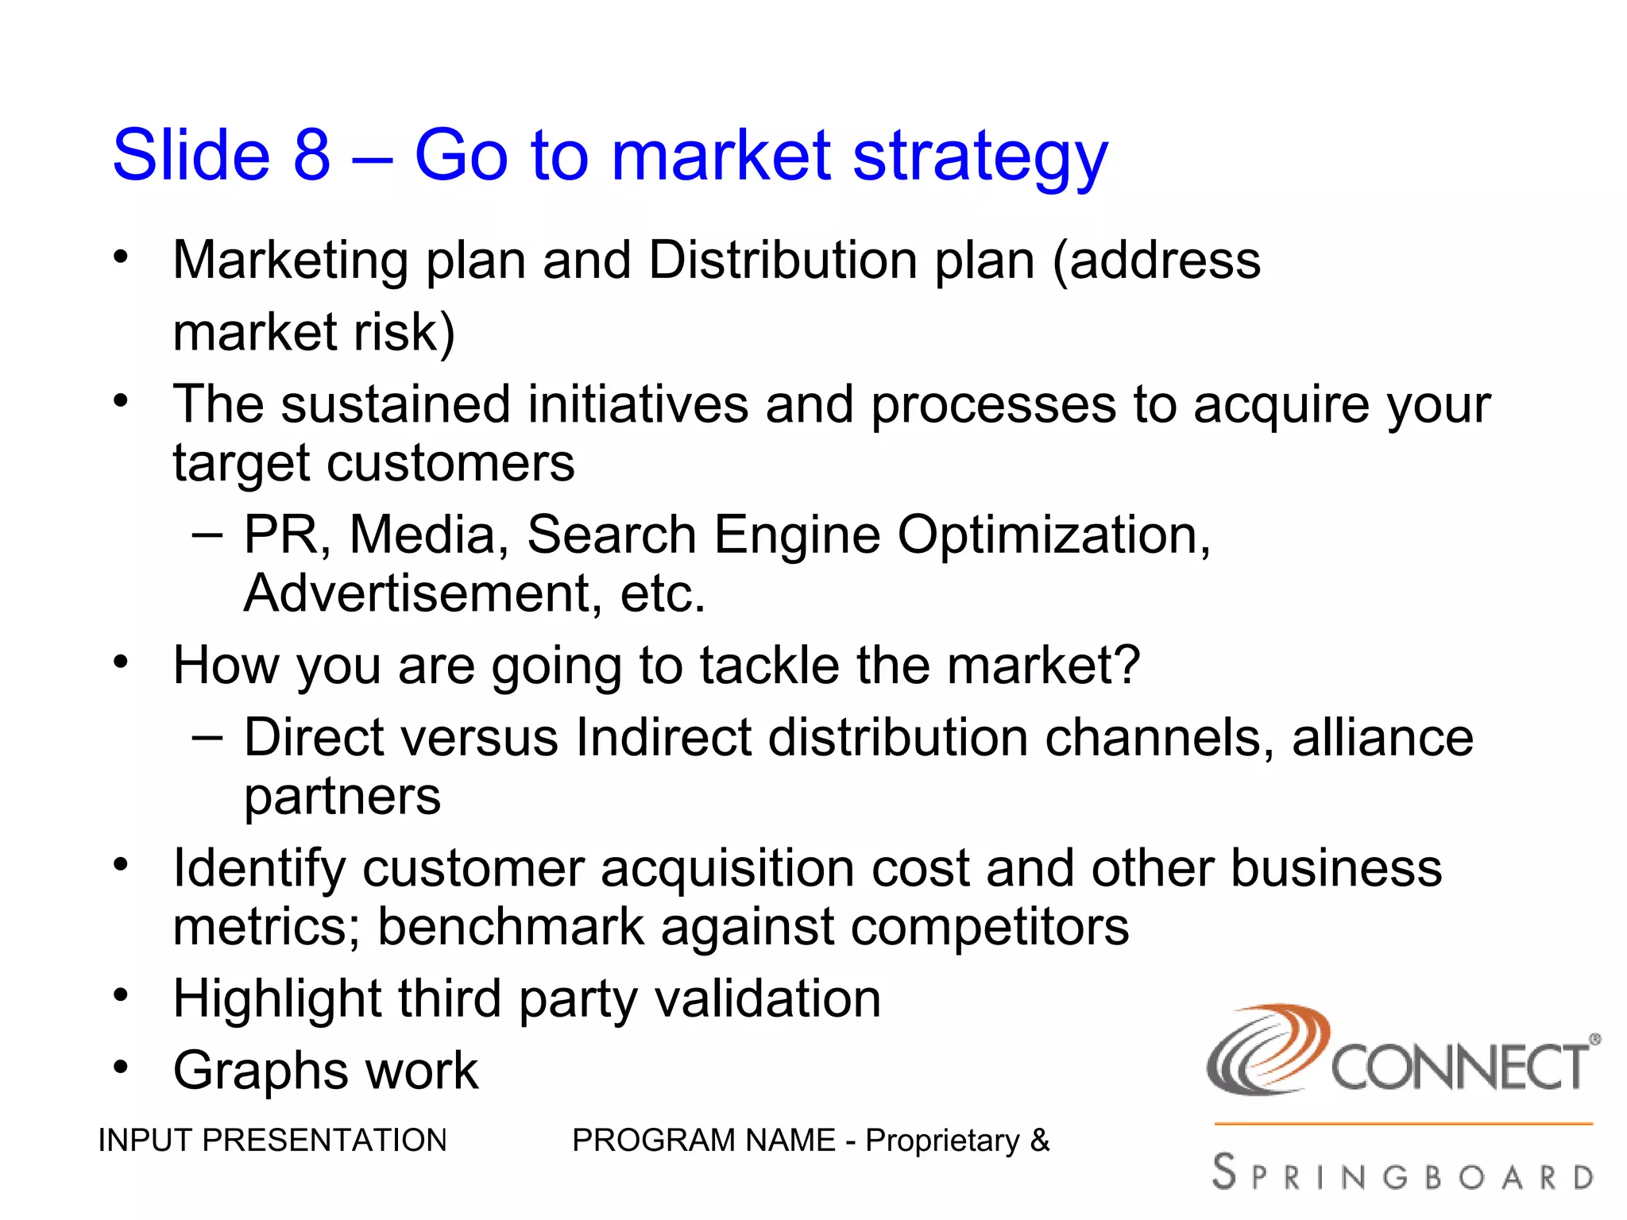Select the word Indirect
[663, 738]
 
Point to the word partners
[342, 797]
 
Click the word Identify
[259, 869]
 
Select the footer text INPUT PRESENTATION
[272, 1141]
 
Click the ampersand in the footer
[1040, 1141]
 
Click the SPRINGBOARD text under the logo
[1402, 1174]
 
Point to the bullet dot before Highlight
[120, 995]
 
